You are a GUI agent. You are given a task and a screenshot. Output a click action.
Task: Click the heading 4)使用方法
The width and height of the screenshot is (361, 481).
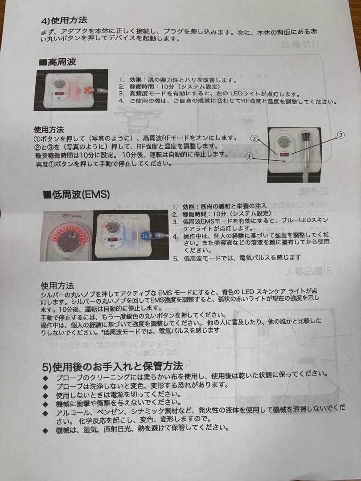coord(63,20)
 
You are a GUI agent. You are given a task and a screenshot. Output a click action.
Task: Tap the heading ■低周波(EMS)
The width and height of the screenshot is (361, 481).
coord(76,194)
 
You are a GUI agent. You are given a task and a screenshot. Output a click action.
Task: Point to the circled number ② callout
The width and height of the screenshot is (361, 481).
coord(254,139)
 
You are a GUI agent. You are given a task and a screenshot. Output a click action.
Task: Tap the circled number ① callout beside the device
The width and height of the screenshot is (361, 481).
coord(250,156)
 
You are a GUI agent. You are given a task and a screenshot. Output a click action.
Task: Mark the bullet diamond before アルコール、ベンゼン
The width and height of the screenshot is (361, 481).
coord(45,413)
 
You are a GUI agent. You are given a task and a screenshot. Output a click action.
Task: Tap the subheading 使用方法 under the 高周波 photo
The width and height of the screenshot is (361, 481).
coord(49,130)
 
